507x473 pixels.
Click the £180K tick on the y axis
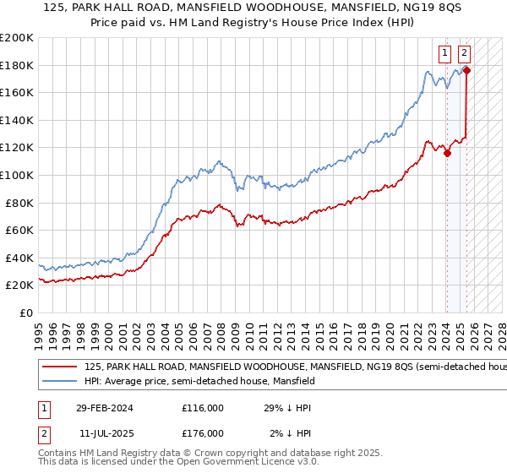[x=17, y=65]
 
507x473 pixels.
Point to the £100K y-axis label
[x=17, y=175]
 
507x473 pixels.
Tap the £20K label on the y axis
[x=19, y=285]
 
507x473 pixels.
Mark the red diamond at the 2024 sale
[x=448, y=153]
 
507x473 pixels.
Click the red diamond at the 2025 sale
[x=466, y=70]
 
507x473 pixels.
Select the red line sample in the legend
[x=59, y=367]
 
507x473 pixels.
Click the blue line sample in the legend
[x=59, y=382]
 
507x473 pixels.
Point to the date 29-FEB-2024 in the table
[x=109, y=408]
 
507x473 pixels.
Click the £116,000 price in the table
[x=203, y=408]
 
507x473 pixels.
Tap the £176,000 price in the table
[x=203, y=433]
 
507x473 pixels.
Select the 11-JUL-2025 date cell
[x=109, y=433]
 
